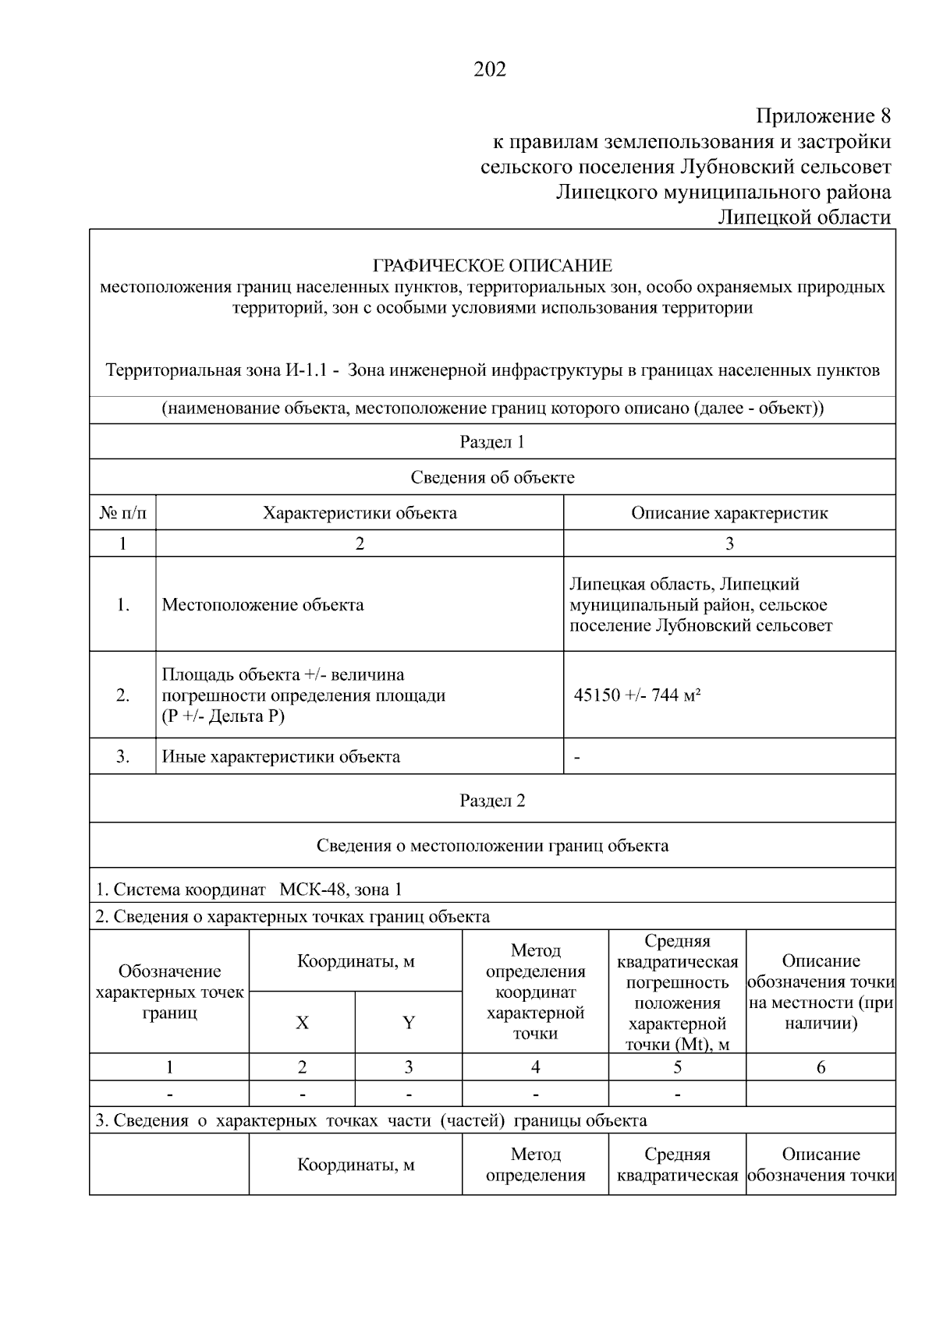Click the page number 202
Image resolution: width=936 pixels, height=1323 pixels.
pyautogui.click(x=490, y=70)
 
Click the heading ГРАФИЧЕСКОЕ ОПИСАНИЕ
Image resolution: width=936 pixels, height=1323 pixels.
pyautogui.click(x=492, y=266)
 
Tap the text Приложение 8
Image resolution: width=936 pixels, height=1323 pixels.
pyautogui.click(x=823, y=117)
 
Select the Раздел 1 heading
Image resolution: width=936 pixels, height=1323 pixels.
pyautogui.click(x=492, y=442)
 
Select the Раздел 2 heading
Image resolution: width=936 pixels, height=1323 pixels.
pyautogui.click(x=492, y=801)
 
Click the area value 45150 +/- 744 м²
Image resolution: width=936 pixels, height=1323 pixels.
pyautogui.click(x=636, y=695)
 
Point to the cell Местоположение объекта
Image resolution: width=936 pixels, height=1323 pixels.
pyautogui.click(x=263, y=605)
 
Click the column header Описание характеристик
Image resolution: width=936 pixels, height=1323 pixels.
pyautogui.click(x=729, y=513)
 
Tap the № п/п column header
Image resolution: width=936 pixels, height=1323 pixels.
pyautogui.click(x=122, y=513)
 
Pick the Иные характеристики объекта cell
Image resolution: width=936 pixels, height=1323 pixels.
pyautogui.click(x=281, y=756)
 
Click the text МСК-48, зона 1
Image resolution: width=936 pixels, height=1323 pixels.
pyautogui.click(x=341, y=890)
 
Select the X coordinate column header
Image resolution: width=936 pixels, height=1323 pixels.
pyautogui.click(x=302, y=1023)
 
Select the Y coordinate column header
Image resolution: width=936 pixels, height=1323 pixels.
pyautogui.click(x=408, y=1023)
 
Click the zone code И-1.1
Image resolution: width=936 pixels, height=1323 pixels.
pyautogui.click(x=303, y=370)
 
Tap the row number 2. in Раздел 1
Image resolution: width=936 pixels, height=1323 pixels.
pyautogui.click(x=122, y=695)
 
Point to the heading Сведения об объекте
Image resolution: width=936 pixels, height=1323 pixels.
pyautogui.click(x=492, y=477)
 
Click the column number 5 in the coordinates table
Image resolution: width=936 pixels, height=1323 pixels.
pyautogui.click(x=677, y=1067)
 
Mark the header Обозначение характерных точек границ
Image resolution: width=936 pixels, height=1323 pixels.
pyautogui.click(x=169, y=992)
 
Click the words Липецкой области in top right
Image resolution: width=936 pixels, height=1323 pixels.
pyautogui.click(x=804, y=217)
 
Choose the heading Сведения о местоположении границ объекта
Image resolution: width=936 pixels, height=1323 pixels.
pyautogui.click(x=492, y=845)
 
